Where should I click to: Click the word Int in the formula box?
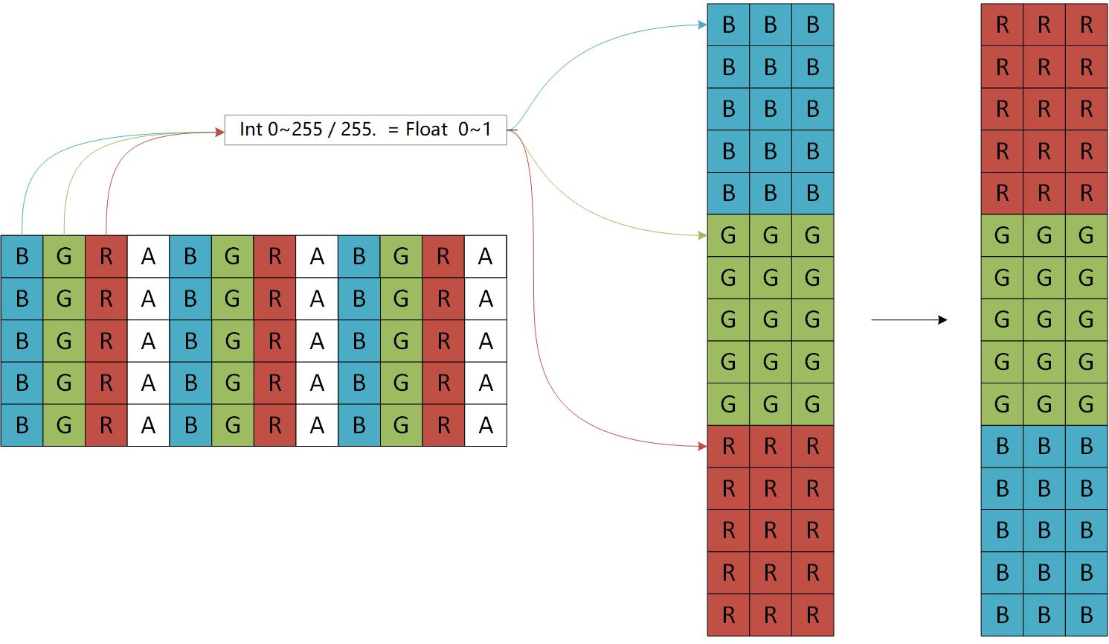coord(251,130)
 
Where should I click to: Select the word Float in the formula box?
coord(427,130)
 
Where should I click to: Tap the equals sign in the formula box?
coord(393,130)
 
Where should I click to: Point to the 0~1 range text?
coord(475,130)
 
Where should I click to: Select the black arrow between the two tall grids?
coord(909,320)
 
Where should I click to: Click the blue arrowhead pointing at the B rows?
coord(702,25)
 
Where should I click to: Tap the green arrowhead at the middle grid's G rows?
coord(702,235)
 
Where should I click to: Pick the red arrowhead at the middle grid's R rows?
coord(702,446)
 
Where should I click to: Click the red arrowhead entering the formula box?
coord(219,133)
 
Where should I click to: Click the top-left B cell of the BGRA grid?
coord(22,257)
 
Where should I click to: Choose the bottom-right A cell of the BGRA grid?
coord(486,425)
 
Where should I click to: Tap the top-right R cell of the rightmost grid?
coord(1086,25)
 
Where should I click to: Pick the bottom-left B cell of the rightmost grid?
coord(1002,615)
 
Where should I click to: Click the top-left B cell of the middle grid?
coord(728,25)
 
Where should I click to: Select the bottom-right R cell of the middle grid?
coord(812,615)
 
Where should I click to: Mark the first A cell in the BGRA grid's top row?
coord(148,257)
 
